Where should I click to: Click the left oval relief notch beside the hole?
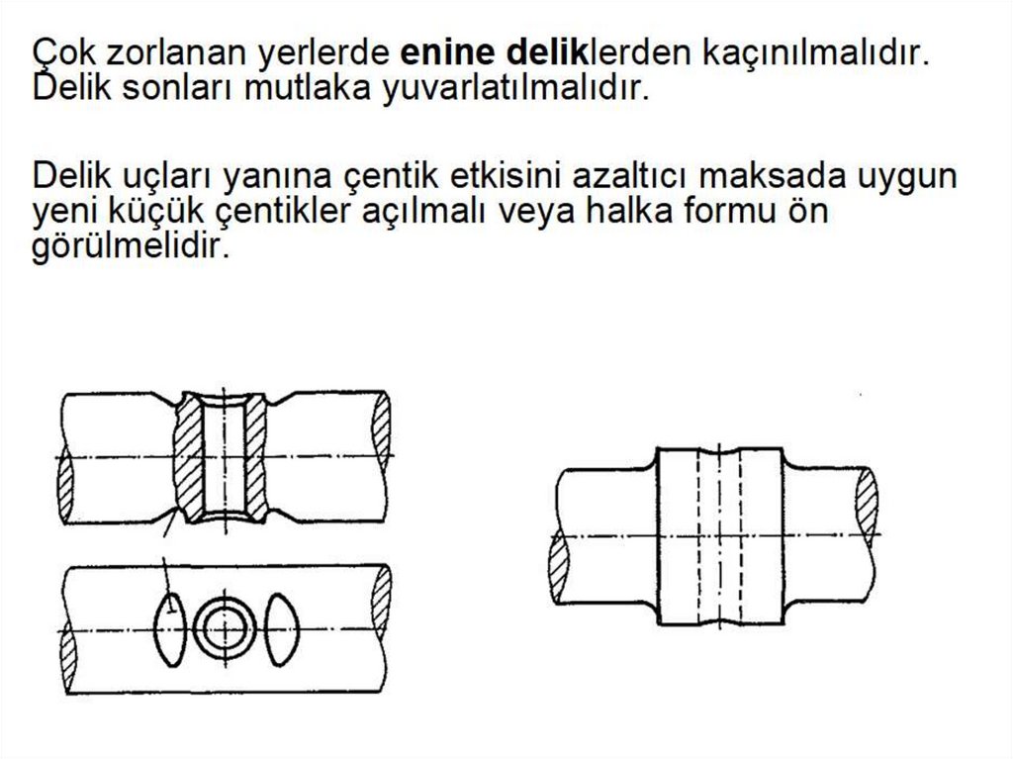coord(170,629)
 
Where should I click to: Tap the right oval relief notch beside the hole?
coord(282,629)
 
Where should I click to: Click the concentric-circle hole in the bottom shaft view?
coord(225,628)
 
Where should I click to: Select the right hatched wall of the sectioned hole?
coord(256,458)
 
